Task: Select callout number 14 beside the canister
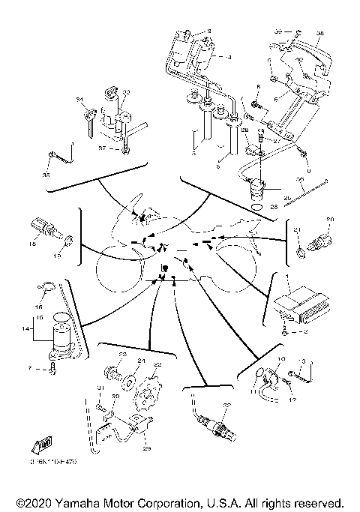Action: [28, 328]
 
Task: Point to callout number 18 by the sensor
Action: [33, 244]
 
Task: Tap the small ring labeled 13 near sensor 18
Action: [67, 242]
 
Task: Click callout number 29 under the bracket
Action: [147, 448]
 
